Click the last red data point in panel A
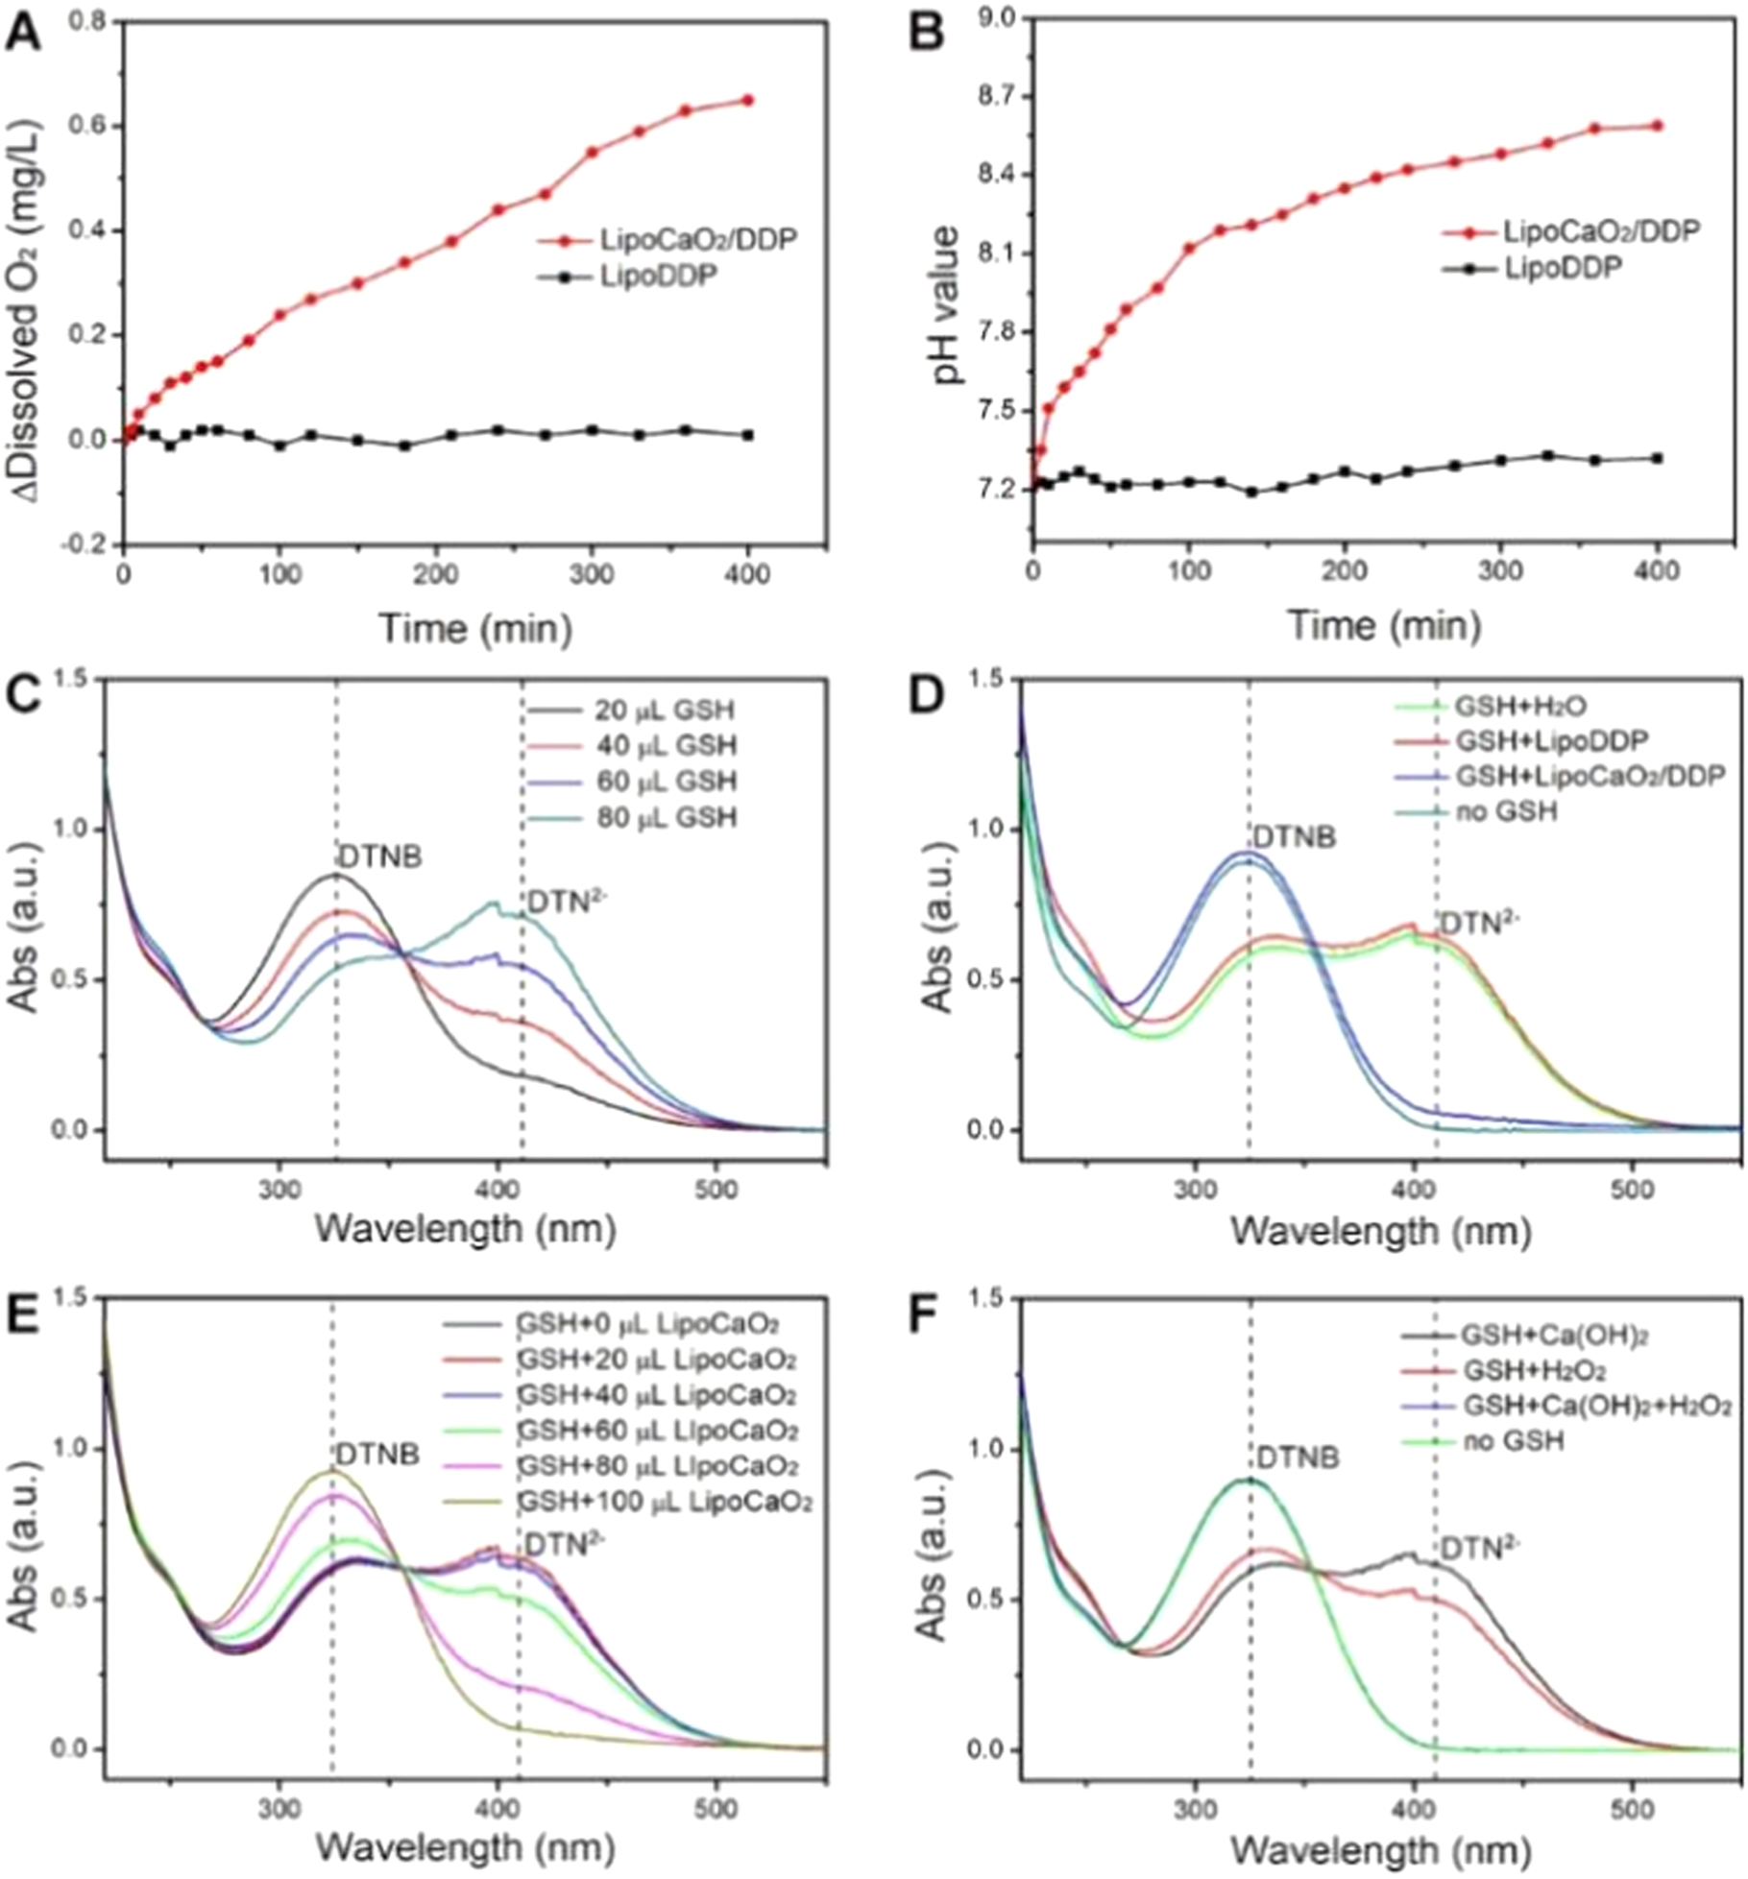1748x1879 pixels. pyautogui.click(x=748, y=100)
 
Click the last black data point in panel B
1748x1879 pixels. pyautogui.click(x=1658, y=458)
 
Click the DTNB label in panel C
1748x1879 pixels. pyautogui.click(x=378, y=856)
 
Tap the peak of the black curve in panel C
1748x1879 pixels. pyautogui.click(x=336, y=875)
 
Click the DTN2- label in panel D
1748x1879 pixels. pyautogui.click(x=1480, y=923)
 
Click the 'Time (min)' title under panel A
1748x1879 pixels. pyautogui.click(x=476, y=628)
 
